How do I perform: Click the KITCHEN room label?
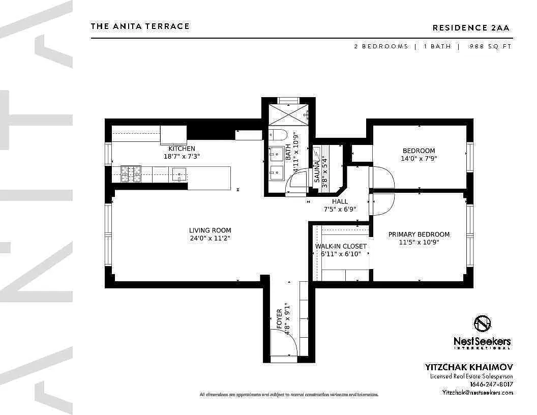coord(182,149)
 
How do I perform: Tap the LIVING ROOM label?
coord(210,230)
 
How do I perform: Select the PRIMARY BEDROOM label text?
coord(419,234)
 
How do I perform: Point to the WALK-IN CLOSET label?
coord(341,246)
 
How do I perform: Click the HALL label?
coord(340,201)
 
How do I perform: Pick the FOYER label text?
coord(279,318)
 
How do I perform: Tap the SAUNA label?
coord(317,172)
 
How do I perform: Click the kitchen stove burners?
coord(131,174)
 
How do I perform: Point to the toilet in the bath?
coord(278,135)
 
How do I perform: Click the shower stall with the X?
coord(288,113)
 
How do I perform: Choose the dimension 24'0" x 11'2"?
coord(210,238)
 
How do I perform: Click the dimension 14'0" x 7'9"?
coord(419,158)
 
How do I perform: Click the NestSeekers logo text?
coord(482,342)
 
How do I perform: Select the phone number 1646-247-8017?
coord(491,384)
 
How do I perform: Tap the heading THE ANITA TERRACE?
coord(140,26)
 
